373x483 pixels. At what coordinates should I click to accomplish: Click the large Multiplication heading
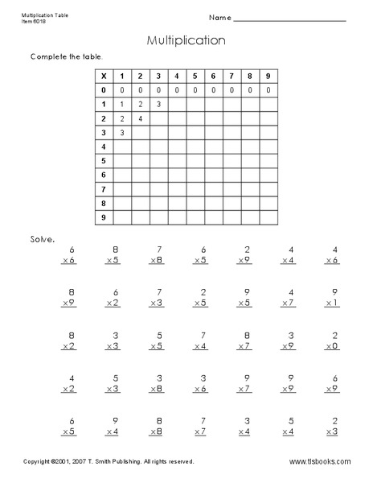(x=186, y=39)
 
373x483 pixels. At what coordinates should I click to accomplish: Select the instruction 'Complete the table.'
(x=67, y=56)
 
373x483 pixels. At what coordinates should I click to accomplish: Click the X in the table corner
(x=103, y=76)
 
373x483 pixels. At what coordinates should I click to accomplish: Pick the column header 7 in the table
(x=231, y=76)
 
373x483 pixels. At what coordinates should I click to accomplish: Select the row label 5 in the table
(x=103, y=161)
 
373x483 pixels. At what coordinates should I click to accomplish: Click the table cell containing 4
(x=140, y=118)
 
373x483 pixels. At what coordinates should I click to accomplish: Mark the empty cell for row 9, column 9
(x=268, y=217)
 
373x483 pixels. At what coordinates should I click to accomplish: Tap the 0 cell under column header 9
(x=268, y=90)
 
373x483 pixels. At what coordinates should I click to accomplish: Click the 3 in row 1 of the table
(x=158, y=105)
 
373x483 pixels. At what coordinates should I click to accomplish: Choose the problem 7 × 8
(x=158, y=256)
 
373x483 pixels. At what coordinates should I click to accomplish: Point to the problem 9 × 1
(x=332, y=298)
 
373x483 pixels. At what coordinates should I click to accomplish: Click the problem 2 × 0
(x=332, y=341)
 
